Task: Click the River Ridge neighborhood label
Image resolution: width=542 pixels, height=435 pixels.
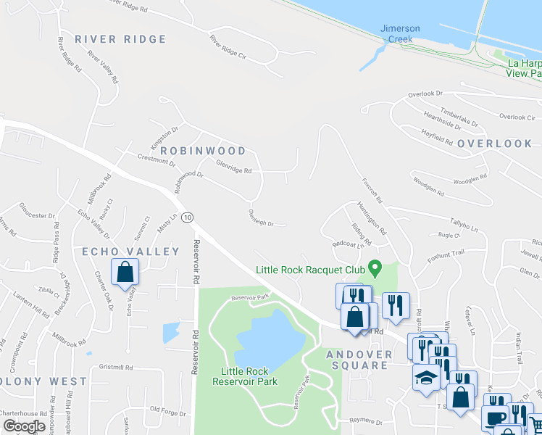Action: point(120,39)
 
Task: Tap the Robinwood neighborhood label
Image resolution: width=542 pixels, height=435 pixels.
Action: point(203,151)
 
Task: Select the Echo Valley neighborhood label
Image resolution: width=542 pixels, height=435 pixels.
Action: point(130,252)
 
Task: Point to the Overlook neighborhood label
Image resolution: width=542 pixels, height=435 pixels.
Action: point(495,144)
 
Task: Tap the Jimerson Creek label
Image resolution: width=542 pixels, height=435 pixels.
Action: point(400,33)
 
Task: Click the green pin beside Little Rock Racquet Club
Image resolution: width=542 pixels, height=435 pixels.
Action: point(375,269)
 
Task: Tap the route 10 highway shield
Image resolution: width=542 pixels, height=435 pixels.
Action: point(188,217)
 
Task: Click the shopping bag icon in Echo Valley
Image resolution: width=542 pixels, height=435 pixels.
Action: point(125,273)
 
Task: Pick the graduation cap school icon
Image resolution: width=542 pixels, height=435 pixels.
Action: point(426,378)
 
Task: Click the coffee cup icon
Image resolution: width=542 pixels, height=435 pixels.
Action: point(495,419)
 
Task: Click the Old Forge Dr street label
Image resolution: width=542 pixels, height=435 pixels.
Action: point(168,410)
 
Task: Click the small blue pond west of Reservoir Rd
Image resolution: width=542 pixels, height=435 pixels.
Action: point(172,332)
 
